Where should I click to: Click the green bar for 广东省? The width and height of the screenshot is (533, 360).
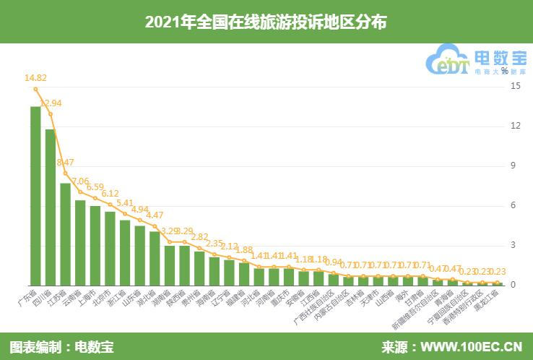pos(35,195)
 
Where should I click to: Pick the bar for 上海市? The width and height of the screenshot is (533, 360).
pos(95,245)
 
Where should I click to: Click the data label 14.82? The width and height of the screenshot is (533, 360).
pos(35,78)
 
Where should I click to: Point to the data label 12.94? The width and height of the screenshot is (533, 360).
pos(51,103)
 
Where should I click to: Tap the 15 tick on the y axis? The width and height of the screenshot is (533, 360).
pos(515,86)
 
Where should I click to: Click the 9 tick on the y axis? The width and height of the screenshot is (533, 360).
pos(515,166)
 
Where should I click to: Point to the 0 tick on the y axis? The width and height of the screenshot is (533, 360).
pos(515,285)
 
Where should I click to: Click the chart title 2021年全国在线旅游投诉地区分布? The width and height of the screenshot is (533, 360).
pos(266,22)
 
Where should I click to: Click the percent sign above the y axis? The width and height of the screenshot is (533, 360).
pos(514,70)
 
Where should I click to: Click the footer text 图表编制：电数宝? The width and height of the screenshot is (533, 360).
pos(61,346)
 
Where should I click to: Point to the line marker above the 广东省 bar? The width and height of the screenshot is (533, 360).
pos(35,89)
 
